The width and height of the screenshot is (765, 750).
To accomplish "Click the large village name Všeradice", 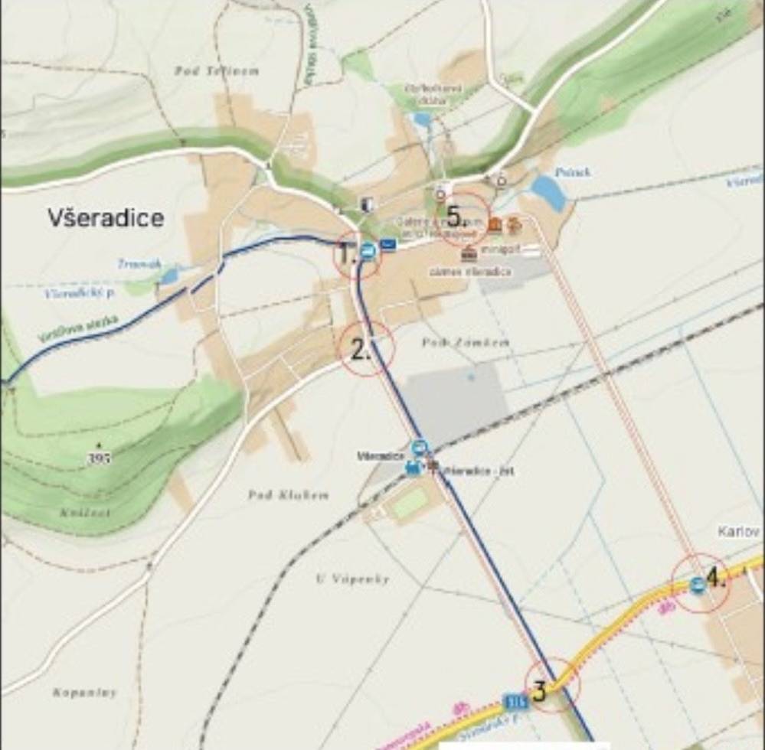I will [106, 218].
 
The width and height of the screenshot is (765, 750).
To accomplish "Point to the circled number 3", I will [539, 692].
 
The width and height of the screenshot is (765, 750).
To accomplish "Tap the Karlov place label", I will [739, 531].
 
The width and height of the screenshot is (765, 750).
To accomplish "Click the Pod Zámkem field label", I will [465, 343].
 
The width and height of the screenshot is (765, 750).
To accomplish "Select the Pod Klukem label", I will [288, 495].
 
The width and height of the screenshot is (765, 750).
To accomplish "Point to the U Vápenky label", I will [352, 579].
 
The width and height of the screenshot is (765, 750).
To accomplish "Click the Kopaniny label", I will [85, 693].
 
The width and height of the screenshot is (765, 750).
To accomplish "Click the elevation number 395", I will [100, 458].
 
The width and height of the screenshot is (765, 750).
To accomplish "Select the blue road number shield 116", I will [516, 701].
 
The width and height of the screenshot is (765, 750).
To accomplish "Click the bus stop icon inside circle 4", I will [697, 585].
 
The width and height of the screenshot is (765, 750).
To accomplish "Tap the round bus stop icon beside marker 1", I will [368, 250].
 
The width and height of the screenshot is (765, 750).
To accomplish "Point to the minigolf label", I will [498, 249].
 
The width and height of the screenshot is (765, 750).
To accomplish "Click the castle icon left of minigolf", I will [469, 253].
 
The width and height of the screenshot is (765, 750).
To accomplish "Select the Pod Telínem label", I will [217, 71].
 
